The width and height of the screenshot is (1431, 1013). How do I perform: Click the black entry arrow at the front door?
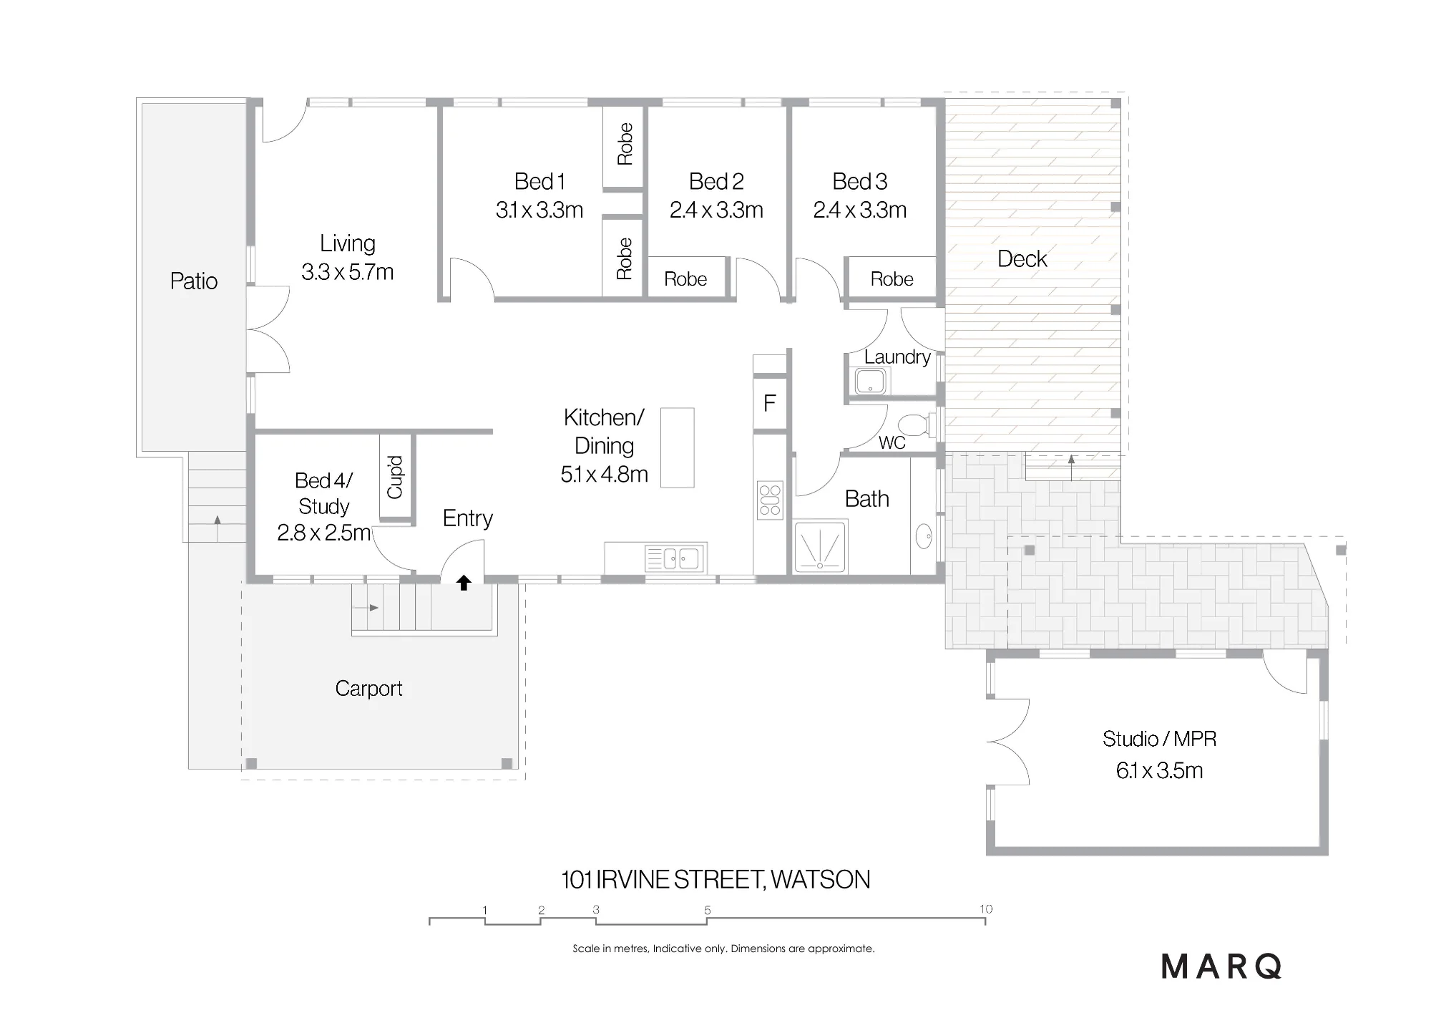pos(464,583)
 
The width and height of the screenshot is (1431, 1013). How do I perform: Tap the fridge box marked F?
pos(770,403)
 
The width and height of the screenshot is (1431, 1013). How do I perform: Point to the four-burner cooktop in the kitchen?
pos(770,500)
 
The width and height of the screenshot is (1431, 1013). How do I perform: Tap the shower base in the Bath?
pos(820,548)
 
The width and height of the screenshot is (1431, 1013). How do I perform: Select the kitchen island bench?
pos(677,447)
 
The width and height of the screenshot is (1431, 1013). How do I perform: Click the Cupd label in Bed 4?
pos(395,477)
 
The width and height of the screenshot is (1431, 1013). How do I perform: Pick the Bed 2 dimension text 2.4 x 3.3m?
pos(716,210)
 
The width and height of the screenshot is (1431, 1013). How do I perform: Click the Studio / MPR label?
pos(1159,739)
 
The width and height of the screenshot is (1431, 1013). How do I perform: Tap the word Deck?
pos(1022,258)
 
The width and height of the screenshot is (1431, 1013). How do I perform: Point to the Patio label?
pos(194,281)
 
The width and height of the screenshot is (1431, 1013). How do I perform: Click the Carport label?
pos(368,688)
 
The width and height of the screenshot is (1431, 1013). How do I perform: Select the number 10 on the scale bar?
pos(986,909)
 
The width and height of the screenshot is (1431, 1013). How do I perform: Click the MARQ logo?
pos(1221,966)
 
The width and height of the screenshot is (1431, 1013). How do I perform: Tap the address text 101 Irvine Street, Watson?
pos(715,879)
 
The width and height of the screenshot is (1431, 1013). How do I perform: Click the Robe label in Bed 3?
pos(892,278)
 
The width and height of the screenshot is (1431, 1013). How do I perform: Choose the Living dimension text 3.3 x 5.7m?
pos(347,272)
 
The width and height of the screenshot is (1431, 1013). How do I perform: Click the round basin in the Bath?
pos(924,535)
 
